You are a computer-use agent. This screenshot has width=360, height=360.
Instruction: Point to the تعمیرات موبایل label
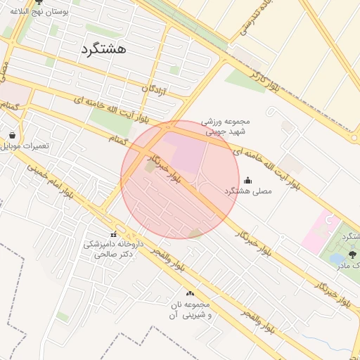(x=25, y=146)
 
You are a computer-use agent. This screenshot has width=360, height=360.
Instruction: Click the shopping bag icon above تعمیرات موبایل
(x=13, y=134)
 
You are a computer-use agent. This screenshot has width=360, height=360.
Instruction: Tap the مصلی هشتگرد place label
(x=248, y=191)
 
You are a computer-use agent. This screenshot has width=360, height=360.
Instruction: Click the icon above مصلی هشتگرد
(x=247, y=181)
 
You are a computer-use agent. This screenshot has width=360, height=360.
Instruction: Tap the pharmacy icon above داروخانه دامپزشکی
(x=113, y=234)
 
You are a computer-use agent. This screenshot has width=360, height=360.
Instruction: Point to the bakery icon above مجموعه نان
(x=189, y=293)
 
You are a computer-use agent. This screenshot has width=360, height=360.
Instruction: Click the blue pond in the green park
(x=335, y=258)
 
